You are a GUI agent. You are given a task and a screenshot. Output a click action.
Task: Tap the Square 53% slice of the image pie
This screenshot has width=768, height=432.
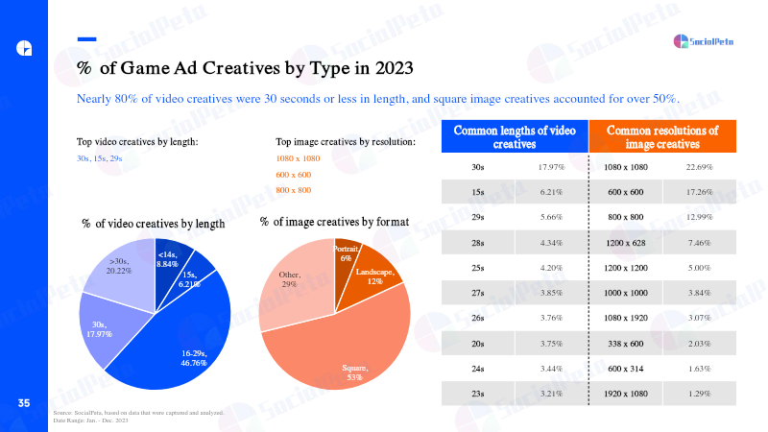click(x=343, y=348)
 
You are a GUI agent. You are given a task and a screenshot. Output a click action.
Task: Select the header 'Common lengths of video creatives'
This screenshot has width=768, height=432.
click(x=515, y=136)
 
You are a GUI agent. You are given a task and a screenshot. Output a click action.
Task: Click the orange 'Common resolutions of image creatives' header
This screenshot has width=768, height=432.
click(x=662, y=136)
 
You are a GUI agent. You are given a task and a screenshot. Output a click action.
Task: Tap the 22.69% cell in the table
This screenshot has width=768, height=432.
click(x=699, y=167)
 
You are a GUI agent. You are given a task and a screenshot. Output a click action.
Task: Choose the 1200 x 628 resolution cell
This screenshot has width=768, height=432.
click(x=626, y=243)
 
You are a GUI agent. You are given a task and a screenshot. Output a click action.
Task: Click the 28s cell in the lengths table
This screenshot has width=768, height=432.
click(x=477, y=243)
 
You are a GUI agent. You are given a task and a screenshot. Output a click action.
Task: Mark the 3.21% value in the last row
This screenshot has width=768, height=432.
click(x=551, y=394)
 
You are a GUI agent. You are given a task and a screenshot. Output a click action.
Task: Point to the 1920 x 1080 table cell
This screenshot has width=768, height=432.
click(x=626, y=394)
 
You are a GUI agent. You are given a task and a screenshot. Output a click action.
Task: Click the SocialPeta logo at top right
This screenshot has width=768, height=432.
click(x=704, y=41)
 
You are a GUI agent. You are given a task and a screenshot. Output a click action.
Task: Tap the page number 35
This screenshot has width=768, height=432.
click(x=24, y=403)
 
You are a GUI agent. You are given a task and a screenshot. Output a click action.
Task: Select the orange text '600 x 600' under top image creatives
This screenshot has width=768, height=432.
click(x=294, y=175)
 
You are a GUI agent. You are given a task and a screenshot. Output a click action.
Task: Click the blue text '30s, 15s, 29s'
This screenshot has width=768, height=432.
click(x=100, y=158)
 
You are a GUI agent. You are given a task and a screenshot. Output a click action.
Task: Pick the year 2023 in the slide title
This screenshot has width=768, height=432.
click(x=395, y=68)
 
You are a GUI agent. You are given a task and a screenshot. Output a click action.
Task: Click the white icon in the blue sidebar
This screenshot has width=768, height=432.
click(x=24, y=48)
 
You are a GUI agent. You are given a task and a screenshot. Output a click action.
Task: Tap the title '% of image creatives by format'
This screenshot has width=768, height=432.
click(x=334, y=222)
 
